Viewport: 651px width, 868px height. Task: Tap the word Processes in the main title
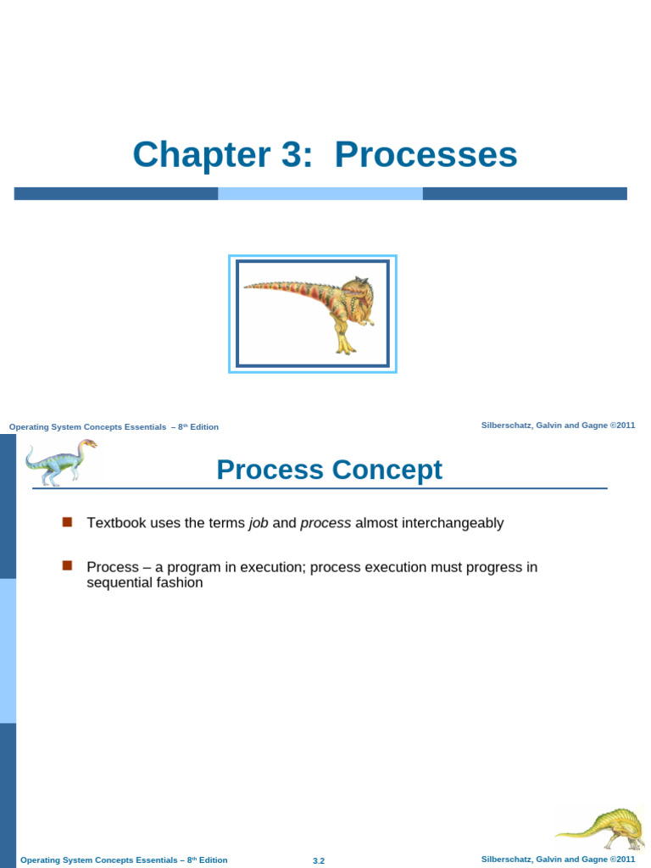point(426,155)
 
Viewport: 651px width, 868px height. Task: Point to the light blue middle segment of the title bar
point(320,193)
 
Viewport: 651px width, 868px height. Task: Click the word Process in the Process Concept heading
point(264,470)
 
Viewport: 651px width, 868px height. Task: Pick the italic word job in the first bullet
point(259,523)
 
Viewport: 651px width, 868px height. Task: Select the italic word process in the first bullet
point(325,523)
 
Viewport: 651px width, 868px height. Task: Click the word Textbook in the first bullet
point(116,523)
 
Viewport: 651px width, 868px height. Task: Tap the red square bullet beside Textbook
point(67,521)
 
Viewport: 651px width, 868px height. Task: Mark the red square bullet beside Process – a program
point(67,565)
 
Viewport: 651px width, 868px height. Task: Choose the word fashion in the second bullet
point(179,583)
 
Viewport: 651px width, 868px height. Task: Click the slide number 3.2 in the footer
point(319,860)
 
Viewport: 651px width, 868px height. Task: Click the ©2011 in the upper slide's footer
point(622,426)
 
